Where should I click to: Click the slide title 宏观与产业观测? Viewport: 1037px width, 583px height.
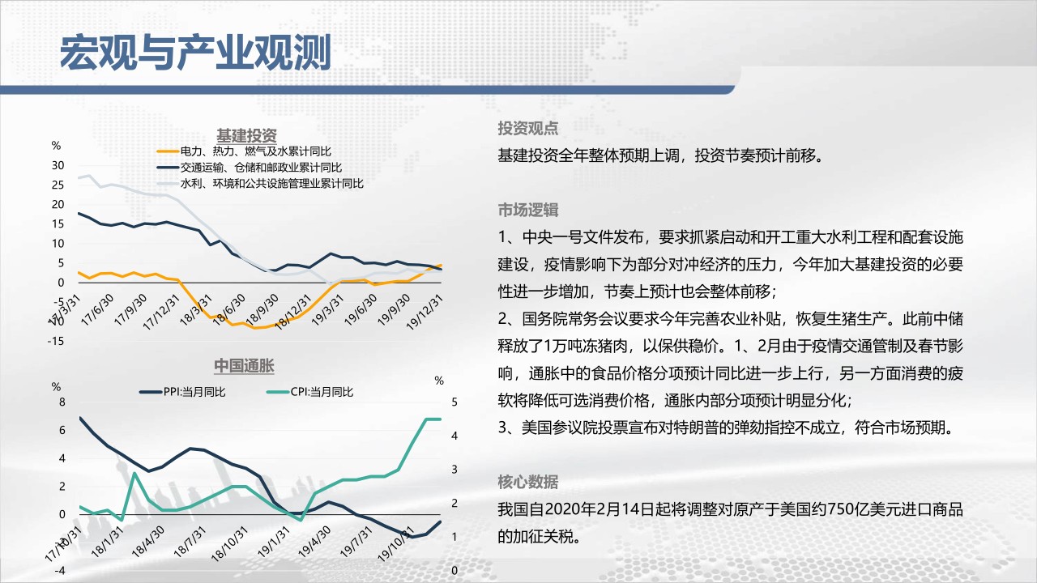coord(195,53)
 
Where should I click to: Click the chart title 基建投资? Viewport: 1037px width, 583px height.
coord(246,135)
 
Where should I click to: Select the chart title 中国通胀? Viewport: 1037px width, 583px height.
coord(244,365)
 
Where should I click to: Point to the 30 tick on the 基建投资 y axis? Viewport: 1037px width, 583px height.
coord(58,165)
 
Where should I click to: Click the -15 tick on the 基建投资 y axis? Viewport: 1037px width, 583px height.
coord(56,341)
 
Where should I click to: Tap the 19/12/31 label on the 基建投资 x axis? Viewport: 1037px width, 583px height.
coord(425,313)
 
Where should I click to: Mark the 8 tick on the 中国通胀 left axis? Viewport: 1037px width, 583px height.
coord(62,402)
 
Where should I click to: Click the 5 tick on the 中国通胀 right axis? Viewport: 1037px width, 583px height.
coord(454,402)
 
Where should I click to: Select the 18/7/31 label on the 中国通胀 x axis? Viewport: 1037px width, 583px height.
coord(190,542)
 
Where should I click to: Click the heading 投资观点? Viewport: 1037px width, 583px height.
coord(527,128)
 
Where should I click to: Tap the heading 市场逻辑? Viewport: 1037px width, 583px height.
coord(527,210)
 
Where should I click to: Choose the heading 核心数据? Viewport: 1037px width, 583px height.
coord(527,482)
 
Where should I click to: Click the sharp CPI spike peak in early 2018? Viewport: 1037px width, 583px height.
coord(134,473)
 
